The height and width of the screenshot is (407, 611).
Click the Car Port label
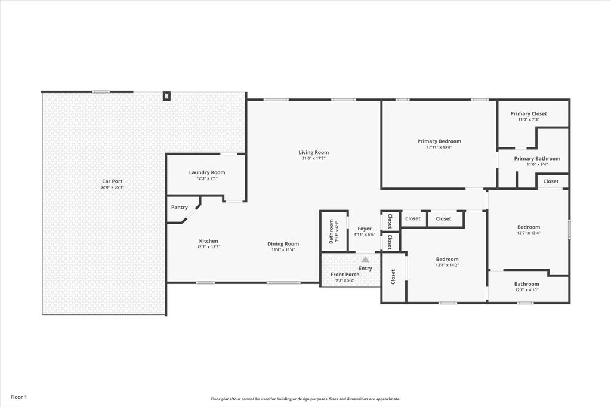coord(112,181)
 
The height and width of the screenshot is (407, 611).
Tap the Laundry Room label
coord(207,172)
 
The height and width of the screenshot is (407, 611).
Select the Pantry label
coord(180,208)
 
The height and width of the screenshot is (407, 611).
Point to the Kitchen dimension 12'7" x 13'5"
coord(208,247)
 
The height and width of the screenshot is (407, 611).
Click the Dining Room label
coord(283,244)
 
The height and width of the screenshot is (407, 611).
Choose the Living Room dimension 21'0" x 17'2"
coord(314,158)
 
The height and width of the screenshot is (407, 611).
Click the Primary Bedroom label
coord(439,141)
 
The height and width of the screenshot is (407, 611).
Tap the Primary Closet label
coord(529,113)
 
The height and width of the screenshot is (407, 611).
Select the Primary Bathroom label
coord(537,158)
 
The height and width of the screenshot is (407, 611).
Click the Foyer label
coord(365,229)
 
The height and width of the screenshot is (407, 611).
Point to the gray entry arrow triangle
coord(365,259)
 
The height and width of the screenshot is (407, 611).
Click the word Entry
coord(366,268)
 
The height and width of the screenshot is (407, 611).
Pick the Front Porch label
coord(345,275)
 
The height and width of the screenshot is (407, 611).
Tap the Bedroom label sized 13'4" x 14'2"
coord(448,259)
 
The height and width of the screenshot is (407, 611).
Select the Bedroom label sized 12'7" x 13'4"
coord(529,227)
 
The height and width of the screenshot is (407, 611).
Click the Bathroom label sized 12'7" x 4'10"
coord(527,284)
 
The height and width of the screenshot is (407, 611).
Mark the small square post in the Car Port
coord(167,96)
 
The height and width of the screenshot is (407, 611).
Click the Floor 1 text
coord(18,397)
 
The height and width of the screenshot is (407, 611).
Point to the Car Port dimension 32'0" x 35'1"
coord(112,187)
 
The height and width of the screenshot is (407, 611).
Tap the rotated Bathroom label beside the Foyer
coord(331,232)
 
